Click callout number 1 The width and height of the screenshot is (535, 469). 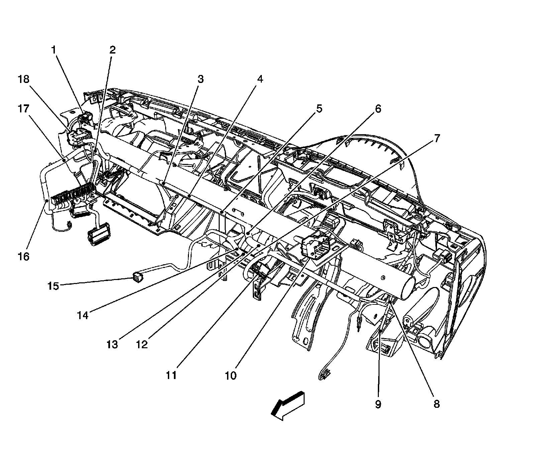pos(53,50)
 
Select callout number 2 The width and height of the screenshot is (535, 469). pos(112,50)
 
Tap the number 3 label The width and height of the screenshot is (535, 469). pos(200,79)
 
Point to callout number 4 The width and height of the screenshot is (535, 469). pos(260,79)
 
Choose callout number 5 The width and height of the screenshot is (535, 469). pos(319,109)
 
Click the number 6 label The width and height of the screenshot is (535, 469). pos(378,109)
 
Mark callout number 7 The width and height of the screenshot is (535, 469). pos(437,138)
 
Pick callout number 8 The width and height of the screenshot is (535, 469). pos(436,404)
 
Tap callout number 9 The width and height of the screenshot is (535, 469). pos(378,404)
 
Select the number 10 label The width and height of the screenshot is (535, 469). pos(230,375)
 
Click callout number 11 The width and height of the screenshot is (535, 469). pos(171,375)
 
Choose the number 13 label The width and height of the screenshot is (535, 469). pos(112,345)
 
